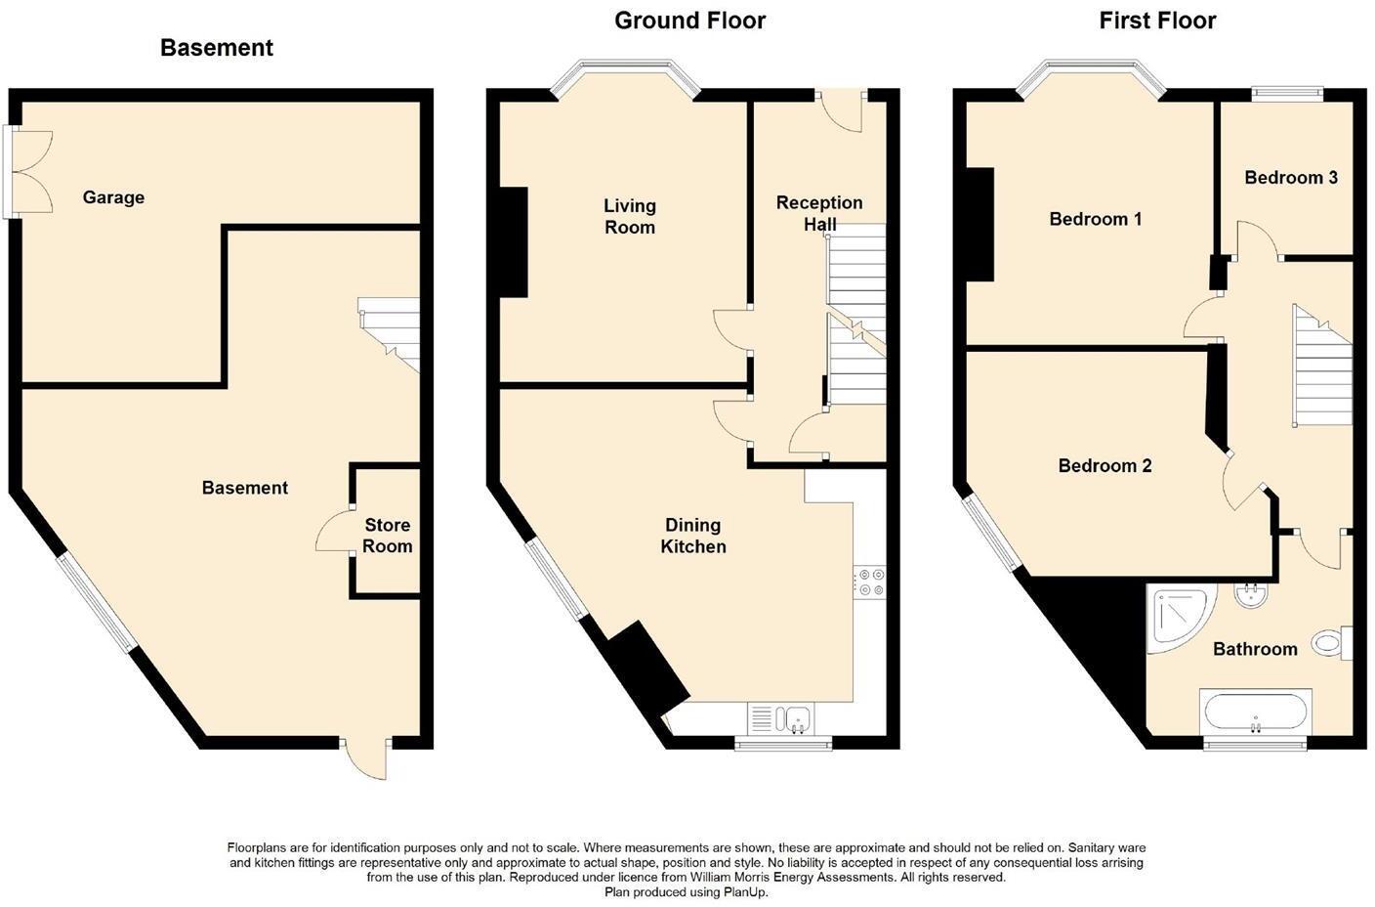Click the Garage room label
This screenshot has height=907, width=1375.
click(113, 197)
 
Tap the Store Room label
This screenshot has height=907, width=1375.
click(387, 536)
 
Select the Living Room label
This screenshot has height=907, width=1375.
click(629, 216)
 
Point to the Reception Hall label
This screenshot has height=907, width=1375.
click(819, 213)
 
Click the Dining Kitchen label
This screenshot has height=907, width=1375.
click(692, 536)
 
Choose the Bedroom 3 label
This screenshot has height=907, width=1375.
click(1290, 177)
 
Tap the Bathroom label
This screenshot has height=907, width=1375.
click(1254, 649)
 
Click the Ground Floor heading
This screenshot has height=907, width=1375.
click(689, 21)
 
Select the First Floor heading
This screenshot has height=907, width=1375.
click(1157, 21)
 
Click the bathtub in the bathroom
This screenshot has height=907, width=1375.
click(1255, 713)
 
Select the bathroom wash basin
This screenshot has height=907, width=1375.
click(1250, 595)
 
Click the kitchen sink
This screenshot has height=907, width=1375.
click(787, 718)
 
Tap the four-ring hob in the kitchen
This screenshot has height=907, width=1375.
click(868, 583)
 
